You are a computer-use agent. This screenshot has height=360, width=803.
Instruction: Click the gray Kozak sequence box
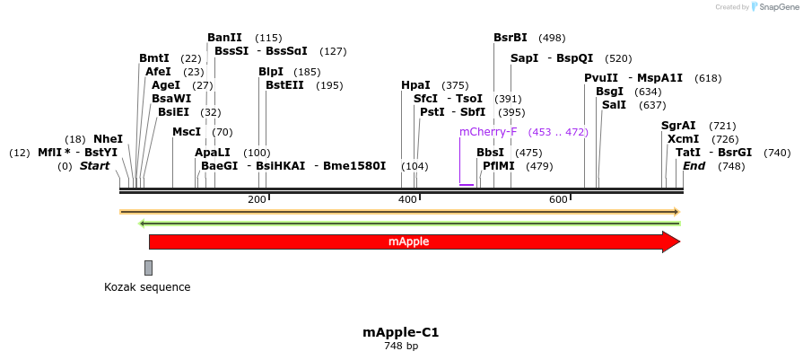tap(148, 268)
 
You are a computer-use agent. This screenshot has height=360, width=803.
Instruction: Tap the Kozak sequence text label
tap(147, 287)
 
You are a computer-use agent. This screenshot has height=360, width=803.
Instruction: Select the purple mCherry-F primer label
tap(488, 132)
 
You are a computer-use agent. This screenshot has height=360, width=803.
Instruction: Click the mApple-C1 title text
tap(401, 331)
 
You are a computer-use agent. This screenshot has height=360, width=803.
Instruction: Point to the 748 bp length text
tap(401, 346)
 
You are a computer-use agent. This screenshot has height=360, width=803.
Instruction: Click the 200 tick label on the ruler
tap(256, 199)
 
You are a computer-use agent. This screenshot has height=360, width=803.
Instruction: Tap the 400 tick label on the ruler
tap(407, 199)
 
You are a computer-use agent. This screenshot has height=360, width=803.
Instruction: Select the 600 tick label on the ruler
tap(558, 199)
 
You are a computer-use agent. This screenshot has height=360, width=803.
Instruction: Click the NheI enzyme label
tap(108, 139)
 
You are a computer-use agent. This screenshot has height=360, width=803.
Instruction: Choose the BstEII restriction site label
tap(284, 85)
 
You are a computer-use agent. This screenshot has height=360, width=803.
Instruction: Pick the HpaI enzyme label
tap(415, 85)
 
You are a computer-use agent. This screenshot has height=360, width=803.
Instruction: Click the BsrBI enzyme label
tap(511, 38)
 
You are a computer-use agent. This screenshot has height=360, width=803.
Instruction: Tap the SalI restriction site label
tap(614, 105)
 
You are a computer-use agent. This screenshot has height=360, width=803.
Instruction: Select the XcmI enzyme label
tap(683, 139)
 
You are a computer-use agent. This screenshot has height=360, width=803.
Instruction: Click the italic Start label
tap(94, 166)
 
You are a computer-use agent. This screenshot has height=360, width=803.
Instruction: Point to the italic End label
tap(694, 166)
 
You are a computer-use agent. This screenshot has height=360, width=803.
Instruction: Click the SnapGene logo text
tap(777, 7)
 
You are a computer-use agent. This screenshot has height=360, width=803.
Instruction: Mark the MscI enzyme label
tap(187, 132)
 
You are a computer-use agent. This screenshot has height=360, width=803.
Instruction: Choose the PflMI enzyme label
tap(499, 166)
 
